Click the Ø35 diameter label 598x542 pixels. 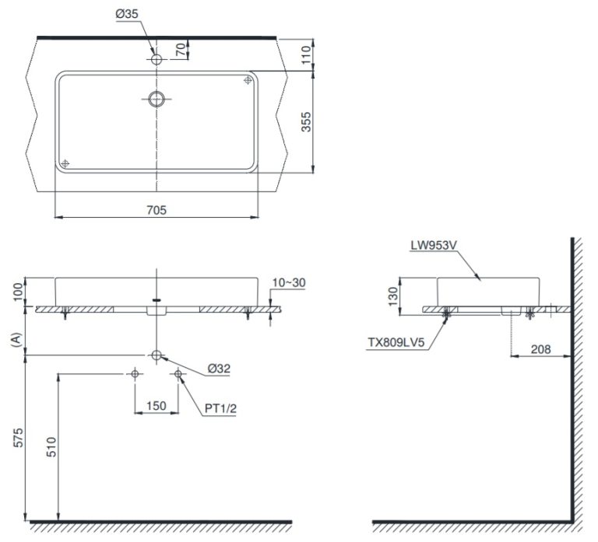click(x=127, y=14)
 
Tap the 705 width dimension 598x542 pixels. click(x=157, y=210)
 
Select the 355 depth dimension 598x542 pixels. click(x=306, y=122)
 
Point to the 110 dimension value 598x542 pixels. click(x=307, y=55)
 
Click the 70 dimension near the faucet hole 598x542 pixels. click(x=181, y=50)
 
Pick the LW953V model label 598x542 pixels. click(x=434, y=245)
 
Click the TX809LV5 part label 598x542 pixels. click(x=396, y=342)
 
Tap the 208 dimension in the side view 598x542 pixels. click(x=541, y=349)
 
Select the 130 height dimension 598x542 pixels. click(x=392, y=296)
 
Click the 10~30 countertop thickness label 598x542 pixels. click(x=289, y=282)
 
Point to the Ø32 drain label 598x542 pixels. click(x=219, y=369)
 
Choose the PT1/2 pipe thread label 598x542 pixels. click(x=220, y=409)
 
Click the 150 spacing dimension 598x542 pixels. click(x=157, y=406)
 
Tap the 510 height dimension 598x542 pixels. click(x=51, y=447)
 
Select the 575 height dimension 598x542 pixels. click(x=18, y=438)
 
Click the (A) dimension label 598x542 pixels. click(x=16, y=339)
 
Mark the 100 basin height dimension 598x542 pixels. click(x=18, y=292)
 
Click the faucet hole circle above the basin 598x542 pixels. click(x=157, y=59)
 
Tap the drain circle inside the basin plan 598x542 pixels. click(x=157, y=99)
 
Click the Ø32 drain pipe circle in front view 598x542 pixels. click(x=157, y=355)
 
